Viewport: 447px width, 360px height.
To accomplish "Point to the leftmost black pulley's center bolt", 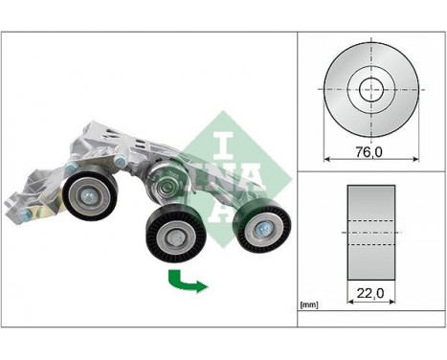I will click(x=88, y=196).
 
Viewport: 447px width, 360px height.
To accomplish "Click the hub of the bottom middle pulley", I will click(x=174, y=237).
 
